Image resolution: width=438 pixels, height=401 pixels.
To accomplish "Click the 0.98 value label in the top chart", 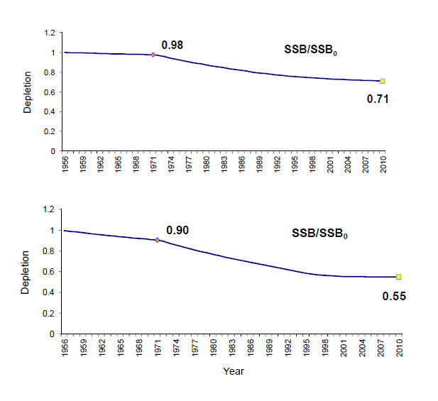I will click(173, 45).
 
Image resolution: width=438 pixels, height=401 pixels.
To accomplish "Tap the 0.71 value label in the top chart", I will click(378, 99).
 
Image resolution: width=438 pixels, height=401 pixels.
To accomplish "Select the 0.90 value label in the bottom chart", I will click(177, 231).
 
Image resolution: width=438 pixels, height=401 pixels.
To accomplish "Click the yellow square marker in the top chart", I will click(383, 81).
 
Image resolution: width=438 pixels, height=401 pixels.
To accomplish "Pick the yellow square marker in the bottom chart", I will click(399, 277).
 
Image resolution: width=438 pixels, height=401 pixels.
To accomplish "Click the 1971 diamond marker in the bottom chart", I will click(158, 240).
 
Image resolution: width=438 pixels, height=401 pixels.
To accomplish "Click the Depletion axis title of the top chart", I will click(27, 92).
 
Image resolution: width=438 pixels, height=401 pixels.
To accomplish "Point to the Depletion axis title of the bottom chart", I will click(27, 275).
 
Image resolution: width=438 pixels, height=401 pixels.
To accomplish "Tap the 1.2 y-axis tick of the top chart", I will click(48, 33).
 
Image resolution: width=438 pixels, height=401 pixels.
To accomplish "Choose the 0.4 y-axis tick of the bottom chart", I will click(48, 292).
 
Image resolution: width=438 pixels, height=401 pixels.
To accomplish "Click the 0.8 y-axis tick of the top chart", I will click(48, 72).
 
